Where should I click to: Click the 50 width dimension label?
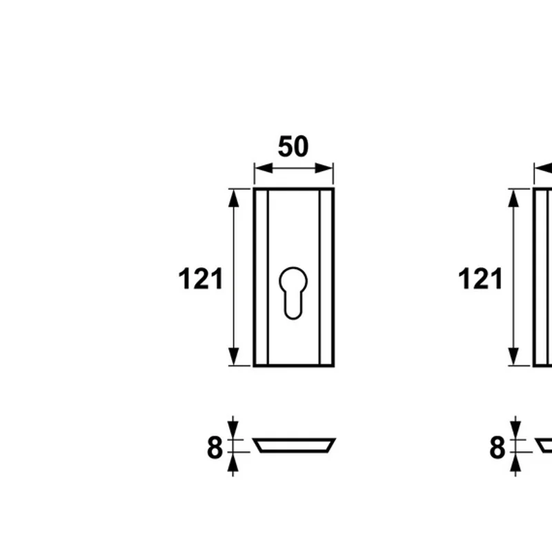pyautogui.click(x=293, y=146)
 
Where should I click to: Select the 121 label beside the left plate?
pyautogui.click(x=201, y=279)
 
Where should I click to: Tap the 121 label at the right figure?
pyautogui.click(x=480, y=279)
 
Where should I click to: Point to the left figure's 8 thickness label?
pyautogui.click(x=215, y=447)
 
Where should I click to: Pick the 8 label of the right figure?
pyautogui.click(x=497, y=447)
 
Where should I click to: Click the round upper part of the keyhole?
pyautogui.click(x=293, y=281)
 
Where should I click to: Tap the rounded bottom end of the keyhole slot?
pyautogui.click(x=293, y=313)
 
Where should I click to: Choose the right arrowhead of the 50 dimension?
pyautogui.click(x=324, y=168)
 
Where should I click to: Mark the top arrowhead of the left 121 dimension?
pyautogui.click(x=234, y=198)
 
